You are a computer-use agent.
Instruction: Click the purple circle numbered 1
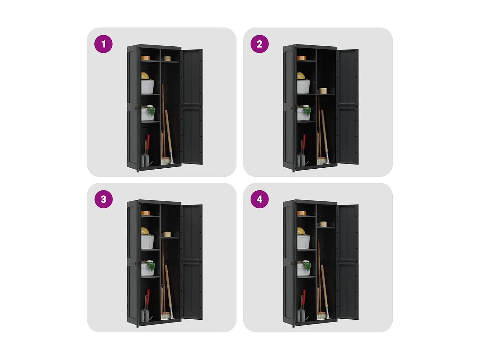(103, 44)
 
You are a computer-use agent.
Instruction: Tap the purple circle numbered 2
(259, 44)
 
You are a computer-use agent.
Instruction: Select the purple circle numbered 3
(103, 199)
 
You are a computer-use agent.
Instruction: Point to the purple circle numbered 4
(259, 199)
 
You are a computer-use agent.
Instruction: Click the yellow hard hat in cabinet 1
(145, 76)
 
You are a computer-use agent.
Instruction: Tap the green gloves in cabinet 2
(307, 110)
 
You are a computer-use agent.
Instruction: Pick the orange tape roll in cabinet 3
(145, 213)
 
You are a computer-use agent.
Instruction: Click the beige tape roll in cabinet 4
(323, 224)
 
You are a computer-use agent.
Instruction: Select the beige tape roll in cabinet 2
(323, 91)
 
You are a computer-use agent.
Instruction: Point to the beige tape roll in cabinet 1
(167, 59)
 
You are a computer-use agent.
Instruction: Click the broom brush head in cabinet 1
(165, 161)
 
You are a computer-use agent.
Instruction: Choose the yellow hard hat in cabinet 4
(301, 231)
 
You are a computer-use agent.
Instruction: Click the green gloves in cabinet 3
(151, 266)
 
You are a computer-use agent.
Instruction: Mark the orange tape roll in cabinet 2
(301, 58)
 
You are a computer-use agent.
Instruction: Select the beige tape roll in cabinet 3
(167, 234)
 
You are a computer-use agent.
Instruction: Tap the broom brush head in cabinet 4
(322, 316)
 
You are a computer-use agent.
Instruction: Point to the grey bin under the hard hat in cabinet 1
(148, 87)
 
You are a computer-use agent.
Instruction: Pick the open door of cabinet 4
(348, 262)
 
